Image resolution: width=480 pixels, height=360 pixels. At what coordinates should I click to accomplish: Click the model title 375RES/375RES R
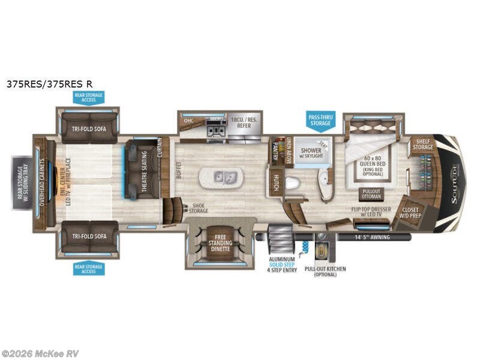50,85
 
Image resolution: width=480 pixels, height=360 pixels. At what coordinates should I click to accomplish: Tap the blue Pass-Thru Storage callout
319,119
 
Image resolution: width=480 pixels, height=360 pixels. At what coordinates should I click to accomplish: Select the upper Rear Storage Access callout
89,97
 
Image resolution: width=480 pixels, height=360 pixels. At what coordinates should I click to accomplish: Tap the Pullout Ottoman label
371,194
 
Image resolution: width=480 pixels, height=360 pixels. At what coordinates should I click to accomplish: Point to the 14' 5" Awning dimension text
372,237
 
